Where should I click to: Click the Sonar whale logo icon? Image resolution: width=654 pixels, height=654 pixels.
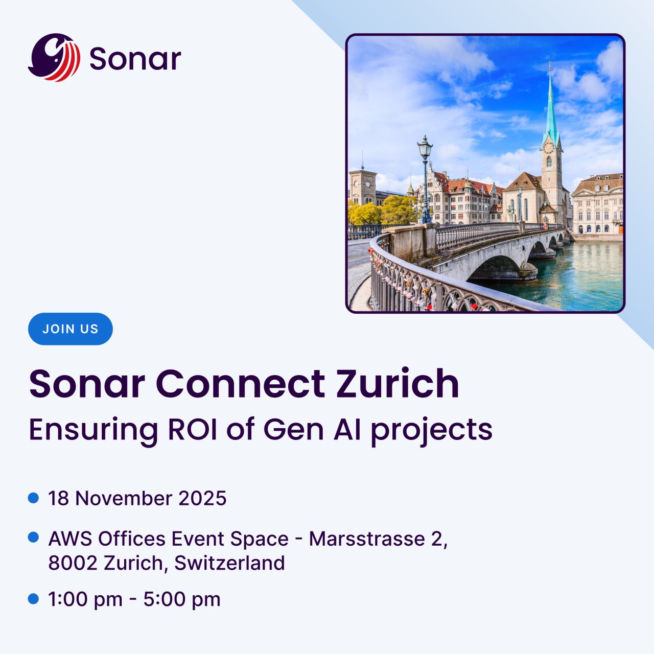click(54, 57)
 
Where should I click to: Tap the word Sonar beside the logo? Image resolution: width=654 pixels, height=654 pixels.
click(135, 59)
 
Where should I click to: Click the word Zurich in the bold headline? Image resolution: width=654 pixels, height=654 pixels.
click(398, 383)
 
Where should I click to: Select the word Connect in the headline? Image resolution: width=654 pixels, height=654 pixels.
click(240, 384)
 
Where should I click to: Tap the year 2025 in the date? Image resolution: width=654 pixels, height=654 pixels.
click(202, 498)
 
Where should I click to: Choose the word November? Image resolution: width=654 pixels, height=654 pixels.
click(124, 498)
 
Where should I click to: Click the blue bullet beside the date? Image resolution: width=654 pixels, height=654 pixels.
click(33, 498)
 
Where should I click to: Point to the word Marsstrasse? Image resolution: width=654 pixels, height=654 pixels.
click(367, 539)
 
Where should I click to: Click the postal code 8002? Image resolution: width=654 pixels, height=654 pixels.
click(73, 563)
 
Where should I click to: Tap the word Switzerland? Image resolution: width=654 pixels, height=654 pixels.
click(229, 563)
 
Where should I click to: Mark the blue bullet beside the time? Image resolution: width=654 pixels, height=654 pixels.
click(33, 599)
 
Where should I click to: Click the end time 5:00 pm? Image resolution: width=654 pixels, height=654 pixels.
click(182, 599)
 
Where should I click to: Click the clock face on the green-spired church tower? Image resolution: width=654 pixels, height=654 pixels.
click(548, 148)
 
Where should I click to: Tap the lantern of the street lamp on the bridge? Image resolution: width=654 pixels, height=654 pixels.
click(425, 146)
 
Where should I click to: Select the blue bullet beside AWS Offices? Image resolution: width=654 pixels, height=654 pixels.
click(33, 537)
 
